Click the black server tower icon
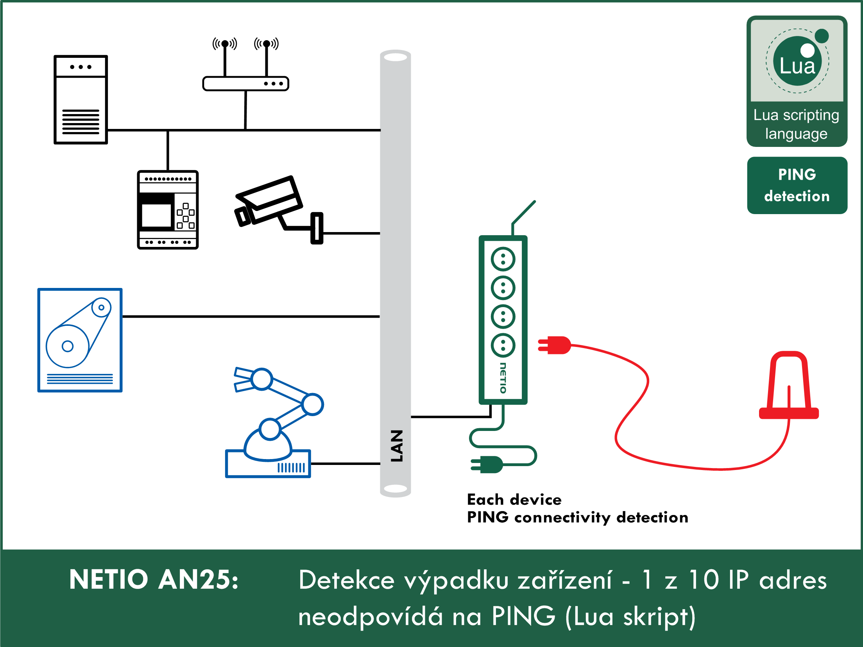point(81,100)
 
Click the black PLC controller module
point(168,210)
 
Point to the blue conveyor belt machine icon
point(80,340)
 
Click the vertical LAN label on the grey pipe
point(396,446)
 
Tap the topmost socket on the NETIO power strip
point(503,259)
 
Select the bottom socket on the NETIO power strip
point(503,345)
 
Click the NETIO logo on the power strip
point(503,378)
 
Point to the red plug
point(554,345)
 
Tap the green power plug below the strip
point(487,465)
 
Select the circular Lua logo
point(797,61)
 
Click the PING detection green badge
point(797,185)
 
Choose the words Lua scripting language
point(797,124)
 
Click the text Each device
point(514,500)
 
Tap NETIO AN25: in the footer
point(154,579)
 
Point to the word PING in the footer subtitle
point(523,616)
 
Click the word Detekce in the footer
point(347,580)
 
